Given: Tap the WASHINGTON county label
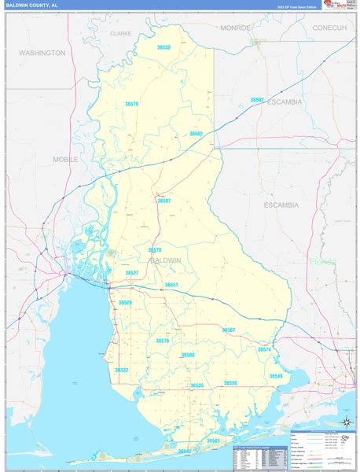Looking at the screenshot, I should tap(42, 53).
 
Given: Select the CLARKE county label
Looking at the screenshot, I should tap(121, 34).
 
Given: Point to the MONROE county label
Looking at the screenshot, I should tap(235, 28).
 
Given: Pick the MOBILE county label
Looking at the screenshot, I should tap(66, 159).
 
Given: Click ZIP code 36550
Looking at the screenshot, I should tap(163, 47).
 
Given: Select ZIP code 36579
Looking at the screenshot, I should tap(131, 104).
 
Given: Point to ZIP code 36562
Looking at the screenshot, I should tap(196, 134).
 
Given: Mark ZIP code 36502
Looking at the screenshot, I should tap(257, 100).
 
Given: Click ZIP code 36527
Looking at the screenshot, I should tap(132, 273).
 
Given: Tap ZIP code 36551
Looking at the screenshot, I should tap(171, 285).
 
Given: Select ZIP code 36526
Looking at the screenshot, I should tap(125, 303).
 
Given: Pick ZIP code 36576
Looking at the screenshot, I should tap(163, 341).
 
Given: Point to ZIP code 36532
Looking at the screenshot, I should tap(122, 370).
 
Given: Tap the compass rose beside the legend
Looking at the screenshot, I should tap(344, 424).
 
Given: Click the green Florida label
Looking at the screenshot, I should tap(322, 261).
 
